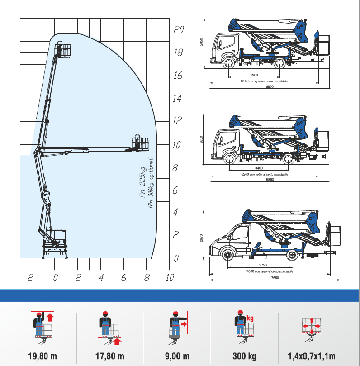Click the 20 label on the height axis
pyautogui.click(x=179, y=30)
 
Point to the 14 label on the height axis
pyautogui.click(x=177, y=98)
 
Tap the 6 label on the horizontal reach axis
pyautogui.click(x=123, y=277)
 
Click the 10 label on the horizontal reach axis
pyautogui.click(x=170, y=277)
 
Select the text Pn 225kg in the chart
pyautogui.click(x=142, y=182)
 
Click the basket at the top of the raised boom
pyautogui.click(x=63, y=49)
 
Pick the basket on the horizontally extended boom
pyautogui.click(x=140, y=143)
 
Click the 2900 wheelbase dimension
pyautogui.click(x=254, y=75)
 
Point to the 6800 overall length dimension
pyautogui.click(x=270, y=86)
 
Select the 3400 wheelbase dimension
pyautogui.click(x=259, y=168)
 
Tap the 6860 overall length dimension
pyautogui.click(x=270, y=180)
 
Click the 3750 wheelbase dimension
pyautogui.click(x=263, y=265)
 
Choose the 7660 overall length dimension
pyautogui.click(x=275, y=278)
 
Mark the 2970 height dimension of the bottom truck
pyautogui.click(x=201, y=238)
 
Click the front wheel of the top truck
pyautogui.click(x=228, y=62)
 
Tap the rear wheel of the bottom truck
pyautogui.click(x=292, y=255)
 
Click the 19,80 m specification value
pyautogui.click(x=43, y=356)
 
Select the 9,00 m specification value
pyautogui.click(x=177, y=356)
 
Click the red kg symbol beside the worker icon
pyautogui.click(x=250, y=318)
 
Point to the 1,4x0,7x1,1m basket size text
pyautogui.click(x=312, y=356)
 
